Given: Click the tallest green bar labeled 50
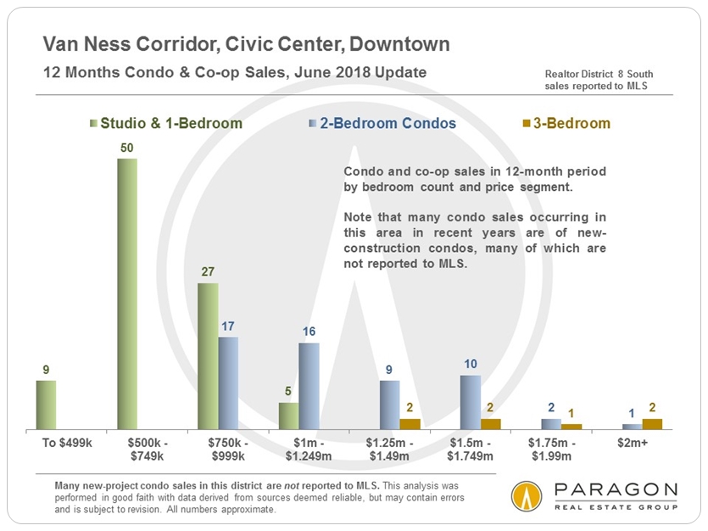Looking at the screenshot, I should [x=127, y=293].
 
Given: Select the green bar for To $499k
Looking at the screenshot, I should [x=46, y=405].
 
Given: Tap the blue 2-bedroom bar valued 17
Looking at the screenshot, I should [x=228, y=383].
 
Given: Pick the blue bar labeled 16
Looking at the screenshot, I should [x=309, y=386].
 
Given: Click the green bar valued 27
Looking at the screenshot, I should [x=208, y=356].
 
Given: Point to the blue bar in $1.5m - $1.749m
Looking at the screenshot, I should [x=471, y=402].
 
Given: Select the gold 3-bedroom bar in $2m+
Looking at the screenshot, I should [x=652, y=424].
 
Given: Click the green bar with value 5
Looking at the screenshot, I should [x=289, y=416].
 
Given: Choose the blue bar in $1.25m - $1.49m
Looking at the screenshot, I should [x=390, y=405].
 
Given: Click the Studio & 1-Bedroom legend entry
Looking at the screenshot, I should [x=166, y=124].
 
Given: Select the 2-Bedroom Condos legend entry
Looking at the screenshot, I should [x=382, y=124].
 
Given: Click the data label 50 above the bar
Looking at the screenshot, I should [x=127, y=148].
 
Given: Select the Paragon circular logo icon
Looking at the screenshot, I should [x=527, y=496].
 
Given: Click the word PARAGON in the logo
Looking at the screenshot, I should [x=614, y=490].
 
